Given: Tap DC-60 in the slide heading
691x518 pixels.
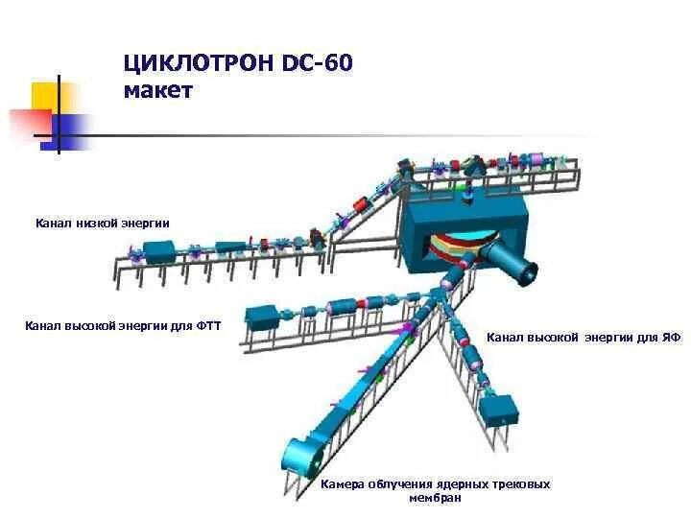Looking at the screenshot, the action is point(320,64).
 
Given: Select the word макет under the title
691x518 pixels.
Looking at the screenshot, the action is point(158,91).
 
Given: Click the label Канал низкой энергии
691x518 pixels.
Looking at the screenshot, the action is point(103,223).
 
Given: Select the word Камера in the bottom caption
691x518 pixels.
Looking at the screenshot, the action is point(343,484).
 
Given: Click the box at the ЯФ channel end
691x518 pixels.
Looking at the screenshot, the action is point(500,412).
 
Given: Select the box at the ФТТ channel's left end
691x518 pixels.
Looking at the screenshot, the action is point(262,317).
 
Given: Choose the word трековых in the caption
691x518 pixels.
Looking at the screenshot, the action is point(524,484).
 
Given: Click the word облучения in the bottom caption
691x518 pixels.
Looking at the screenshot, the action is point(399,484).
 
